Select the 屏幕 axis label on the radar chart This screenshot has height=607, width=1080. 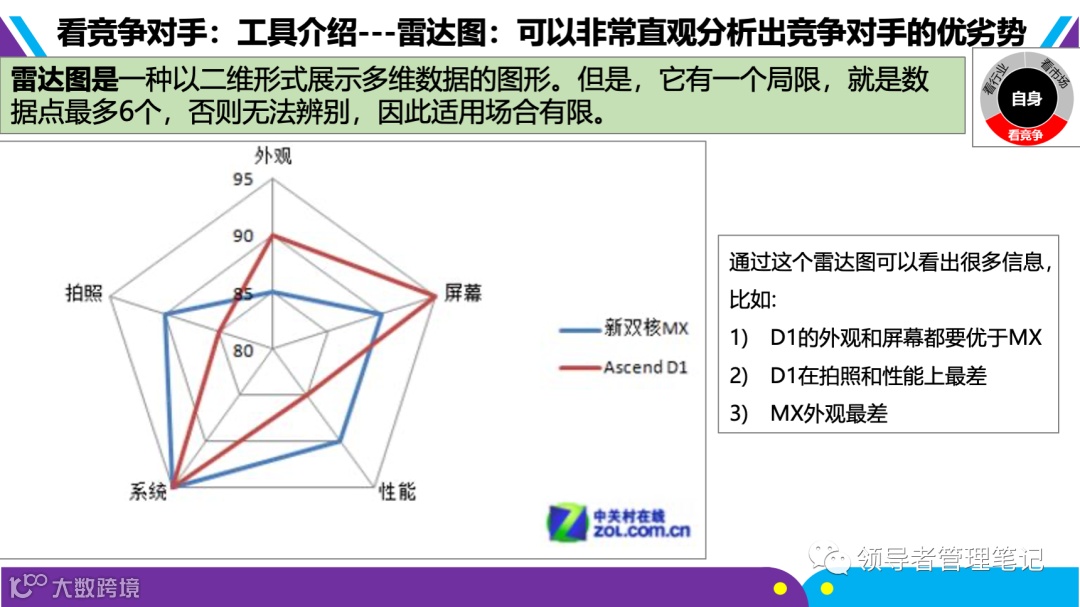[x=462, y=293]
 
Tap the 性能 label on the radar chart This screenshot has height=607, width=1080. [x=396, y=491]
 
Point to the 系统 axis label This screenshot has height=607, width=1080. [x=148, y=491]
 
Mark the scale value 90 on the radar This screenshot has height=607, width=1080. [x=243, y=237]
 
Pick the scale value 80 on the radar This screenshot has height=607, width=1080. [x=243, y=350]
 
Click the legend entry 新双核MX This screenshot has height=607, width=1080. [x=646, y=328]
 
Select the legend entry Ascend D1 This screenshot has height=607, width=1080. [x=646, y=367]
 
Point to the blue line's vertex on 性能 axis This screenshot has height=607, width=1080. [x=342, y=441]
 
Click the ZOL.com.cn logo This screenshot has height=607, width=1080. [x=619, y=520]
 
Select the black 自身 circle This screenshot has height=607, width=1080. [x=1026, y=99]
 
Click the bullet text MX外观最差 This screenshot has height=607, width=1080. [x=828, y=413]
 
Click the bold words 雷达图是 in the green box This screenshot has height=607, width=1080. [x=64, y=80]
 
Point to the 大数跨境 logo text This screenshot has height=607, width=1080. [x=96, y=586]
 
